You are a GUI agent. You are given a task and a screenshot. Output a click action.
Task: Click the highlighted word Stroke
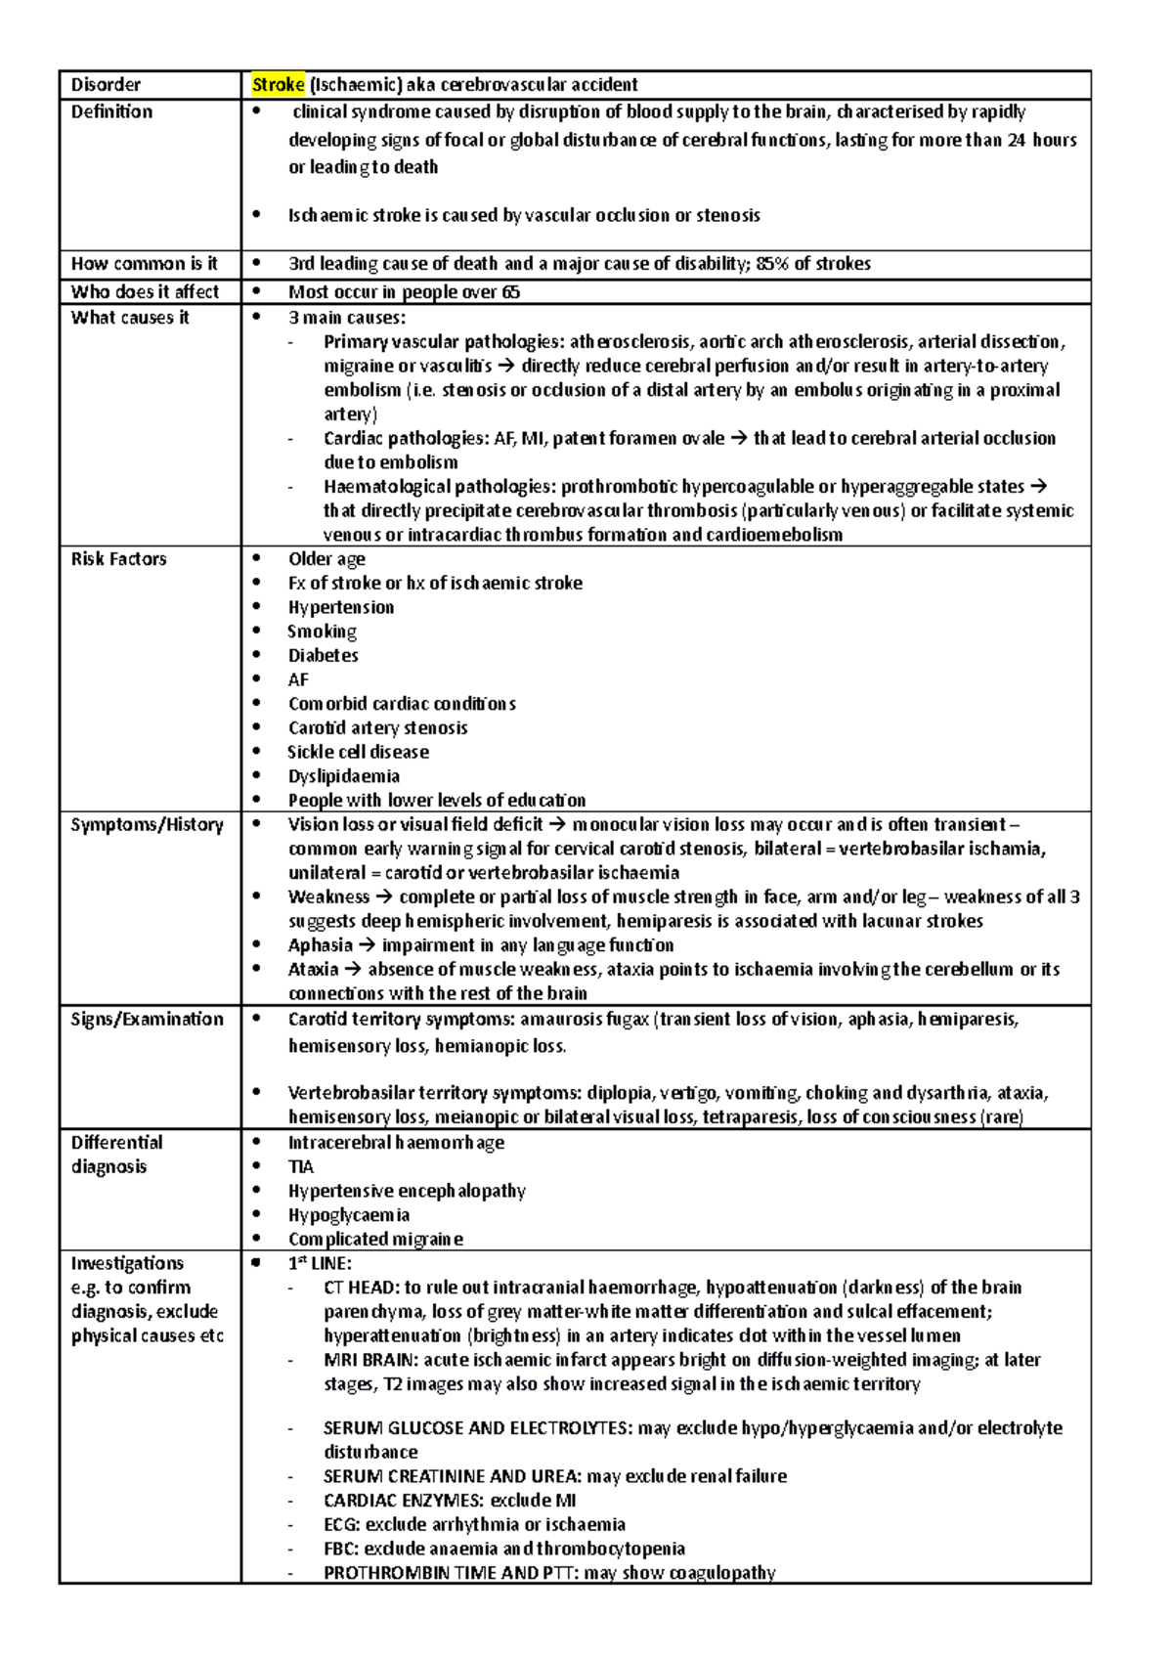coord(279,85)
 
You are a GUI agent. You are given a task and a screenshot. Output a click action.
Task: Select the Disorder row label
coord(106,85)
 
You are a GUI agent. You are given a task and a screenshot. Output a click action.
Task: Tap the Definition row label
coord(111,111)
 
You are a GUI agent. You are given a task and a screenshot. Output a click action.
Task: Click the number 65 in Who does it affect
coord(510,292)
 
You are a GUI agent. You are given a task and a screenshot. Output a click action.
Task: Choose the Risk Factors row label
coord(118,559)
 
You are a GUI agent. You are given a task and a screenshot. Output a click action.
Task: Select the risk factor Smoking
coord(322,632)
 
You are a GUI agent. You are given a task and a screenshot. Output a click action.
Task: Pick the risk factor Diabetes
coord(323,656)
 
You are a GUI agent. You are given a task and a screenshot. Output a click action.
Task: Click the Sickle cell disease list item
coord(358,752)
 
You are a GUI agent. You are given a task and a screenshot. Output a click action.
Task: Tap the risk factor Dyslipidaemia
coord(343,776)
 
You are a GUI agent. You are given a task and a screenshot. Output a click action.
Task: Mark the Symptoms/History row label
coord(147,825)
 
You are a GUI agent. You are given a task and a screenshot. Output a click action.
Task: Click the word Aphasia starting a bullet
coord(320,945)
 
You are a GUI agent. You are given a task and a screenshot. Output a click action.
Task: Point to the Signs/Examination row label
coord(147,1019)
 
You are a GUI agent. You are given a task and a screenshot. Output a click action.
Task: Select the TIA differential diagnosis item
coord(300,1167)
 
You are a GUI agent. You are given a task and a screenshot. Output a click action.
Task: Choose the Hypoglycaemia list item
coord(348,1215)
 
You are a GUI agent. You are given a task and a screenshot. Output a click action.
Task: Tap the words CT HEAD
coord(359,1288)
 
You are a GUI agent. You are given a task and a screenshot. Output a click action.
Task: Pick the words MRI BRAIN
coord(369,1360)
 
